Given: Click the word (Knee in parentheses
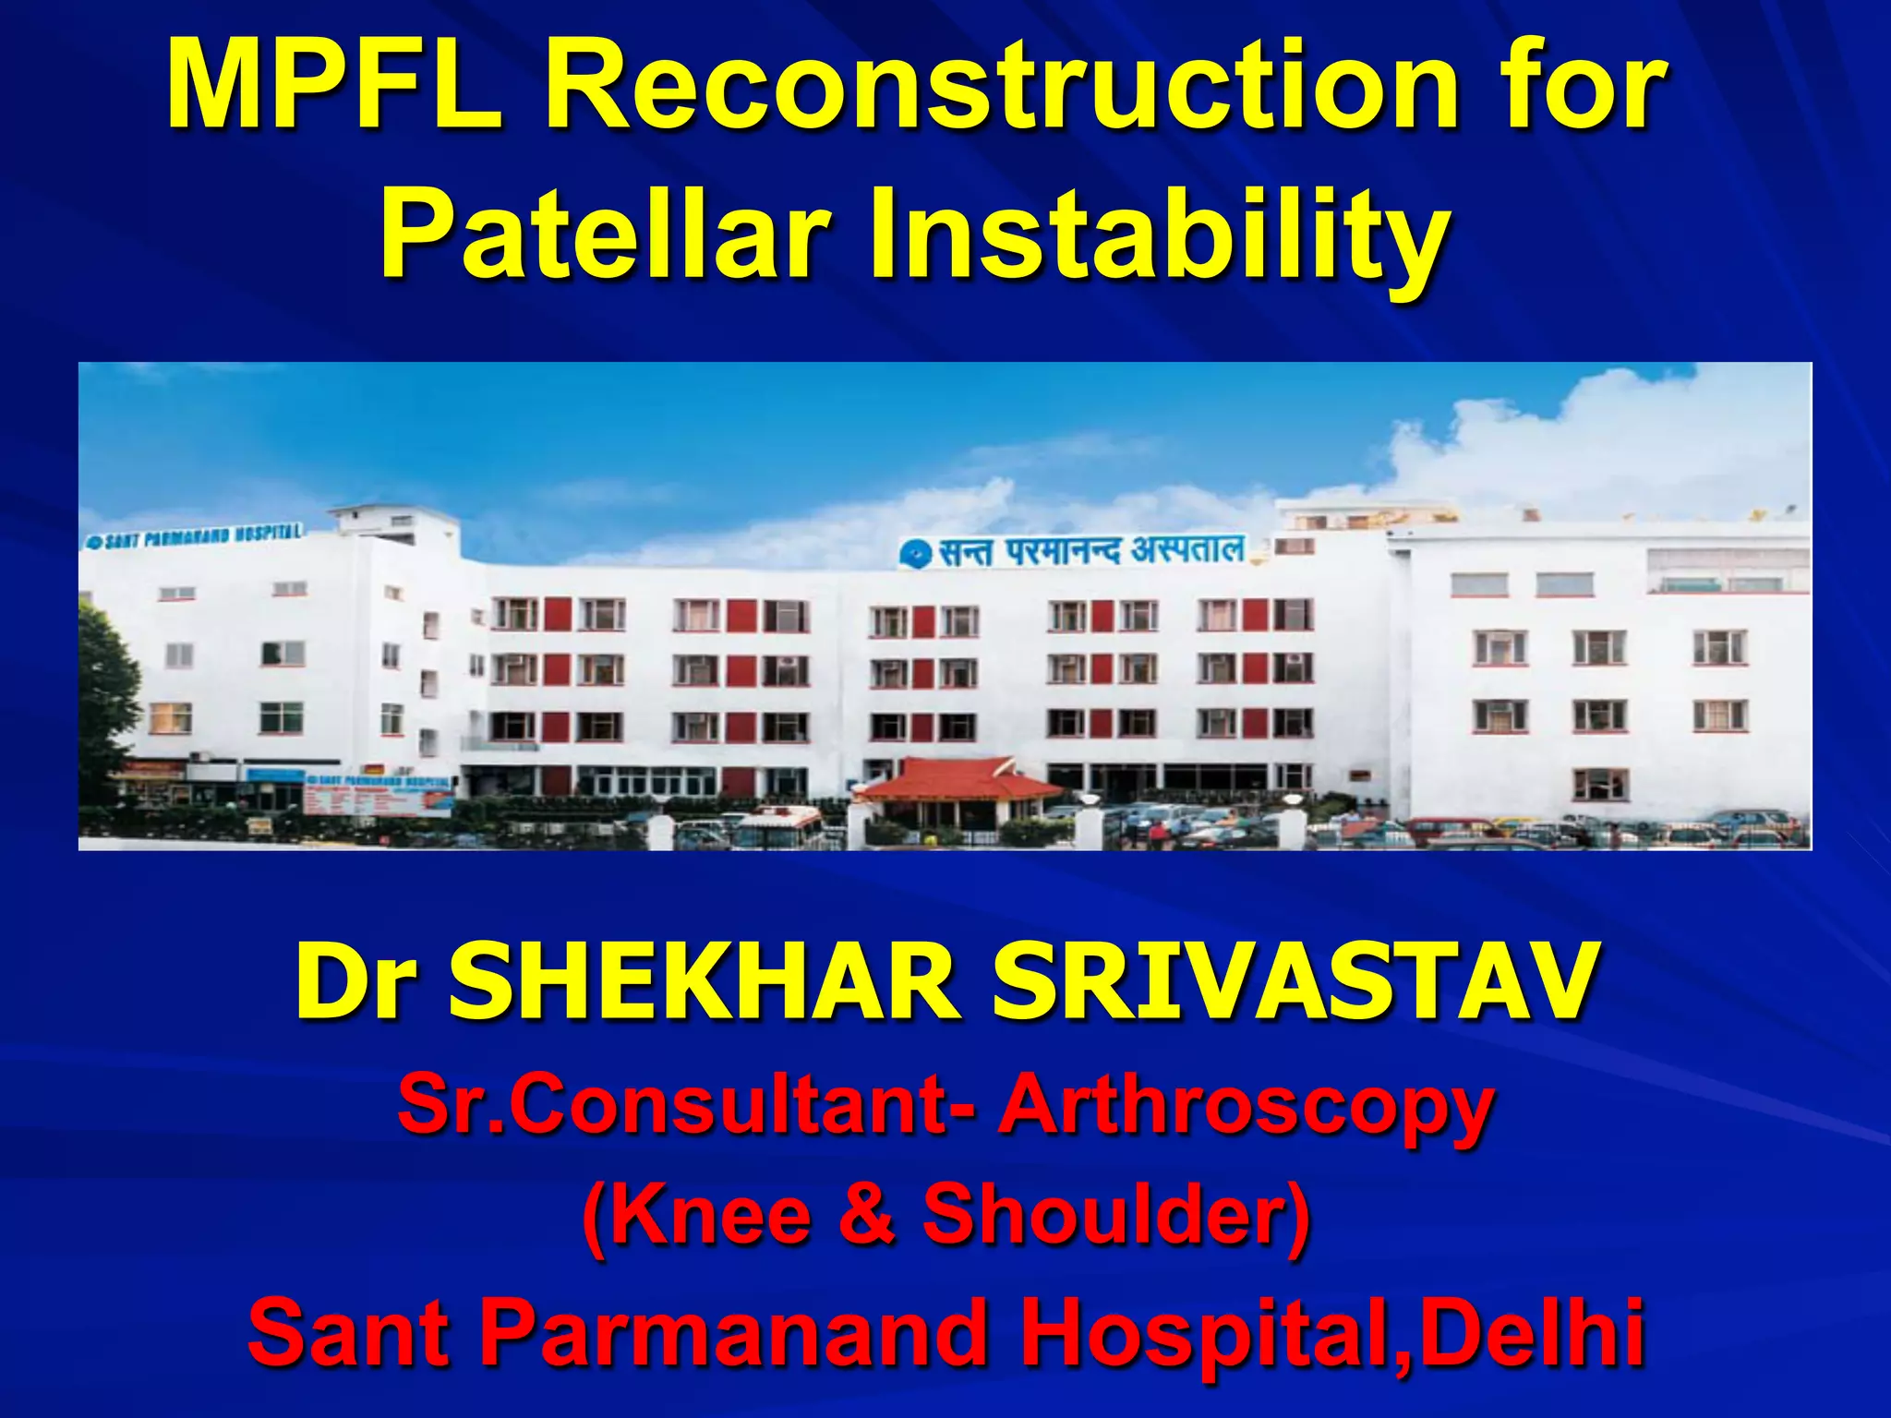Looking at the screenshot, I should (698, 1215).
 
